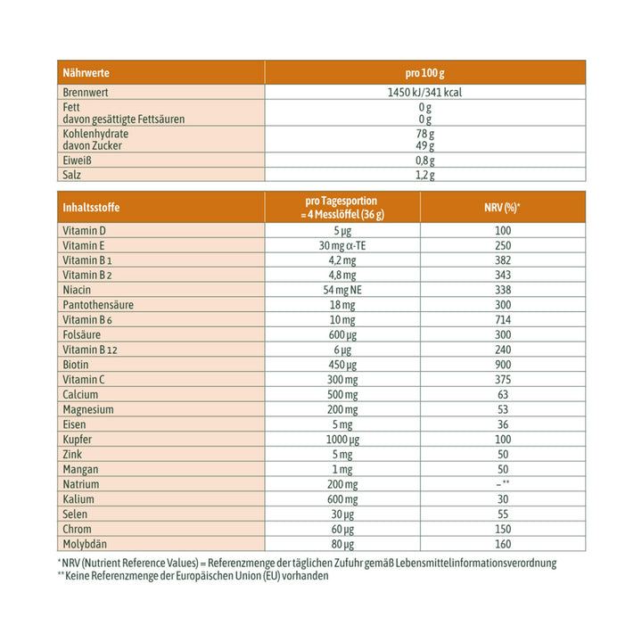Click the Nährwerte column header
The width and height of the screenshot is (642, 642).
click(86, 72)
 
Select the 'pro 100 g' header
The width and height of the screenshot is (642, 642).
click(424, 72)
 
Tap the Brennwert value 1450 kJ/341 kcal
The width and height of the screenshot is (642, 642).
click(424, 92)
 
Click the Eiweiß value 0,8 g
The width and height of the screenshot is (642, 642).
click(424, 160)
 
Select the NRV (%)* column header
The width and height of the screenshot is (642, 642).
click(502, 208)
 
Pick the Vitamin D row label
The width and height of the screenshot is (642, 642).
click(85, 231)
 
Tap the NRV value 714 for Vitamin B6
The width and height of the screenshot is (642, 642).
click(502, 319)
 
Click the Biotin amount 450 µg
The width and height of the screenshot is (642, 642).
click(342, 364)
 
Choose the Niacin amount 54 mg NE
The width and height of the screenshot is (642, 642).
click(342, 290)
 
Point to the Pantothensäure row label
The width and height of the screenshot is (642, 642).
click(99, 305)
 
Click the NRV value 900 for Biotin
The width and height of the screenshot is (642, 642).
click(502, 364)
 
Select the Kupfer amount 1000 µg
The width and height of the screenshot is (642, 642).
click(342, 439)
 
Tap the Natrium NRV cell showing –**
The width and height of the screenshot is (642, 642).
click(502, 483)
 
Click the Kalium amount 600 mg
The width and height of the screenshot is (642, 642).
click(342, 498)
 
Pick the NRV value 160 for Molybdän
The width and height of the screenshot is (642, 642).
click(502, 543)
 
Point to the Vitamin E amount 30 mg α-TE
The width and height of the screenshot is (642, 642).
click(342, 245)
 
